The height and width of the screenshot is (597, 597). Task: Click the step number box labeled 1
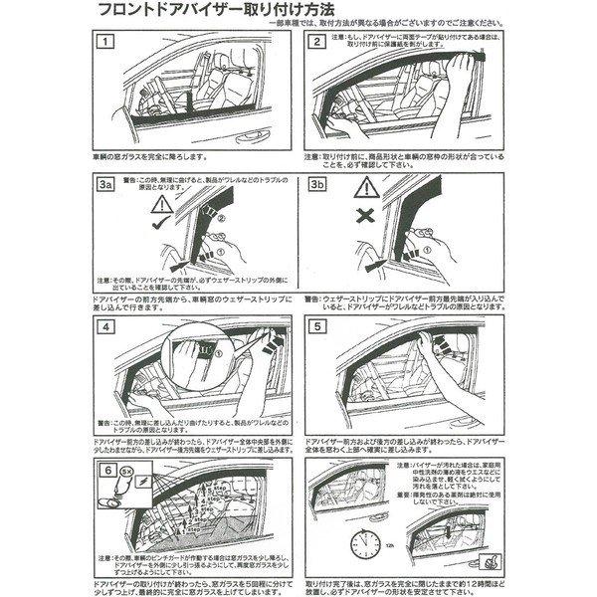(106, 43)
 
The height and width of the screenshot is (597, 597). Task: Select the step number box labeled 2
(316, 43)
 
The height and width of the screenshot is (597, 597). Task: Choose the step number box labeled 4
(106, 327)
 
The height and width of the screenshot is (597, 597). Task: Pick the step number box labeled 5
(316, 327)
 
